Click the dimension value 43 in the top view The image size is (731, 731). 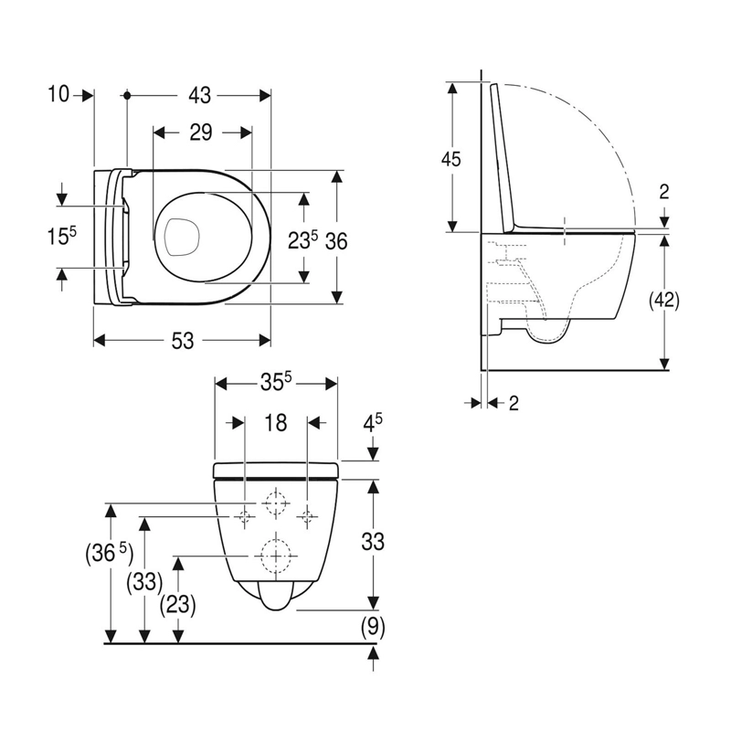(x=199, y=95)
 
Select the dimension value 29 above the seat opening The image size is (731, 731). (x=201, y=132)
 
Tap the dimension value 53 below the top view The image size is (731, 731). (x=182, y=341)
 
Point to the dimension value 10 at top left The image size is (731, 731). (x=58, y=95)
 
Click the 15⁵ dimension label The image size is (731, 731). (x=61, y=236)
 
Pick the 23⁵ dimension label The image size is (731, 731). (x=302, y=240)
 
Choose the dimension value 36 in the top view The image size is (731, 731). (x=336, y=241)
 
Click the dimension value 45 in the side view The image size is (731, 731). (x=450, y=159)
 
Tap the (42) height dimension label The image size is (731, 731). (x=664, y=301)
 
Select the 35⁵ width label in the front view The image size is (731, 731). (x=276, y=383)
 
